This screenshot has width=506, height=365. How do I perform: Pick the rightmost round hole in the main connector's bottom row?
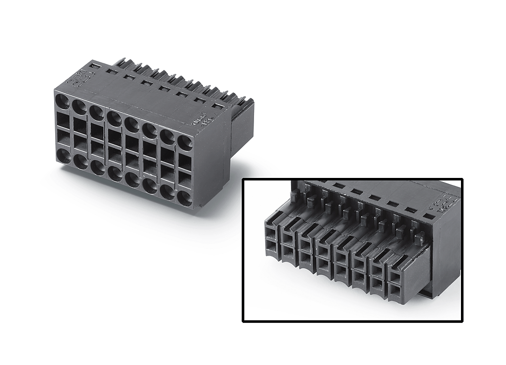coord(185,197)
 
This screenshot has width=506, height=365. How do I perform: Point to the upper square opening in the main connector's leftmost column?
coord(63,119)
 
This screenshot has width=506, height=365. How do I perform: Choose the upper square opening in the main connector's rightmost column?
coord(185,162)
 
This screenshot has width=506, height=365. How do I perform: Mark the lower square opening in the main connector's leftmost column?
coord(63,137)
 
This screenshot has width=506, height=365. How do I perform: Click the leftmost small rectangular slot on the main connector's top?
coord(95,66)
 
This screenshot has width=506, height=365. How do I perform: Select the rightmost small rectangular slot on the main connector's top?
coord(218,105)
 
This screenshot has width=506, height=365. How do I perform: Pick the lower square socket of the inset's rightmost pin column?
coord(395,289)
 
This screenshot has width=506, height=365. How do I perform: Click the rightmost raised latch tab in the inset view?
coord(419,236)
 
